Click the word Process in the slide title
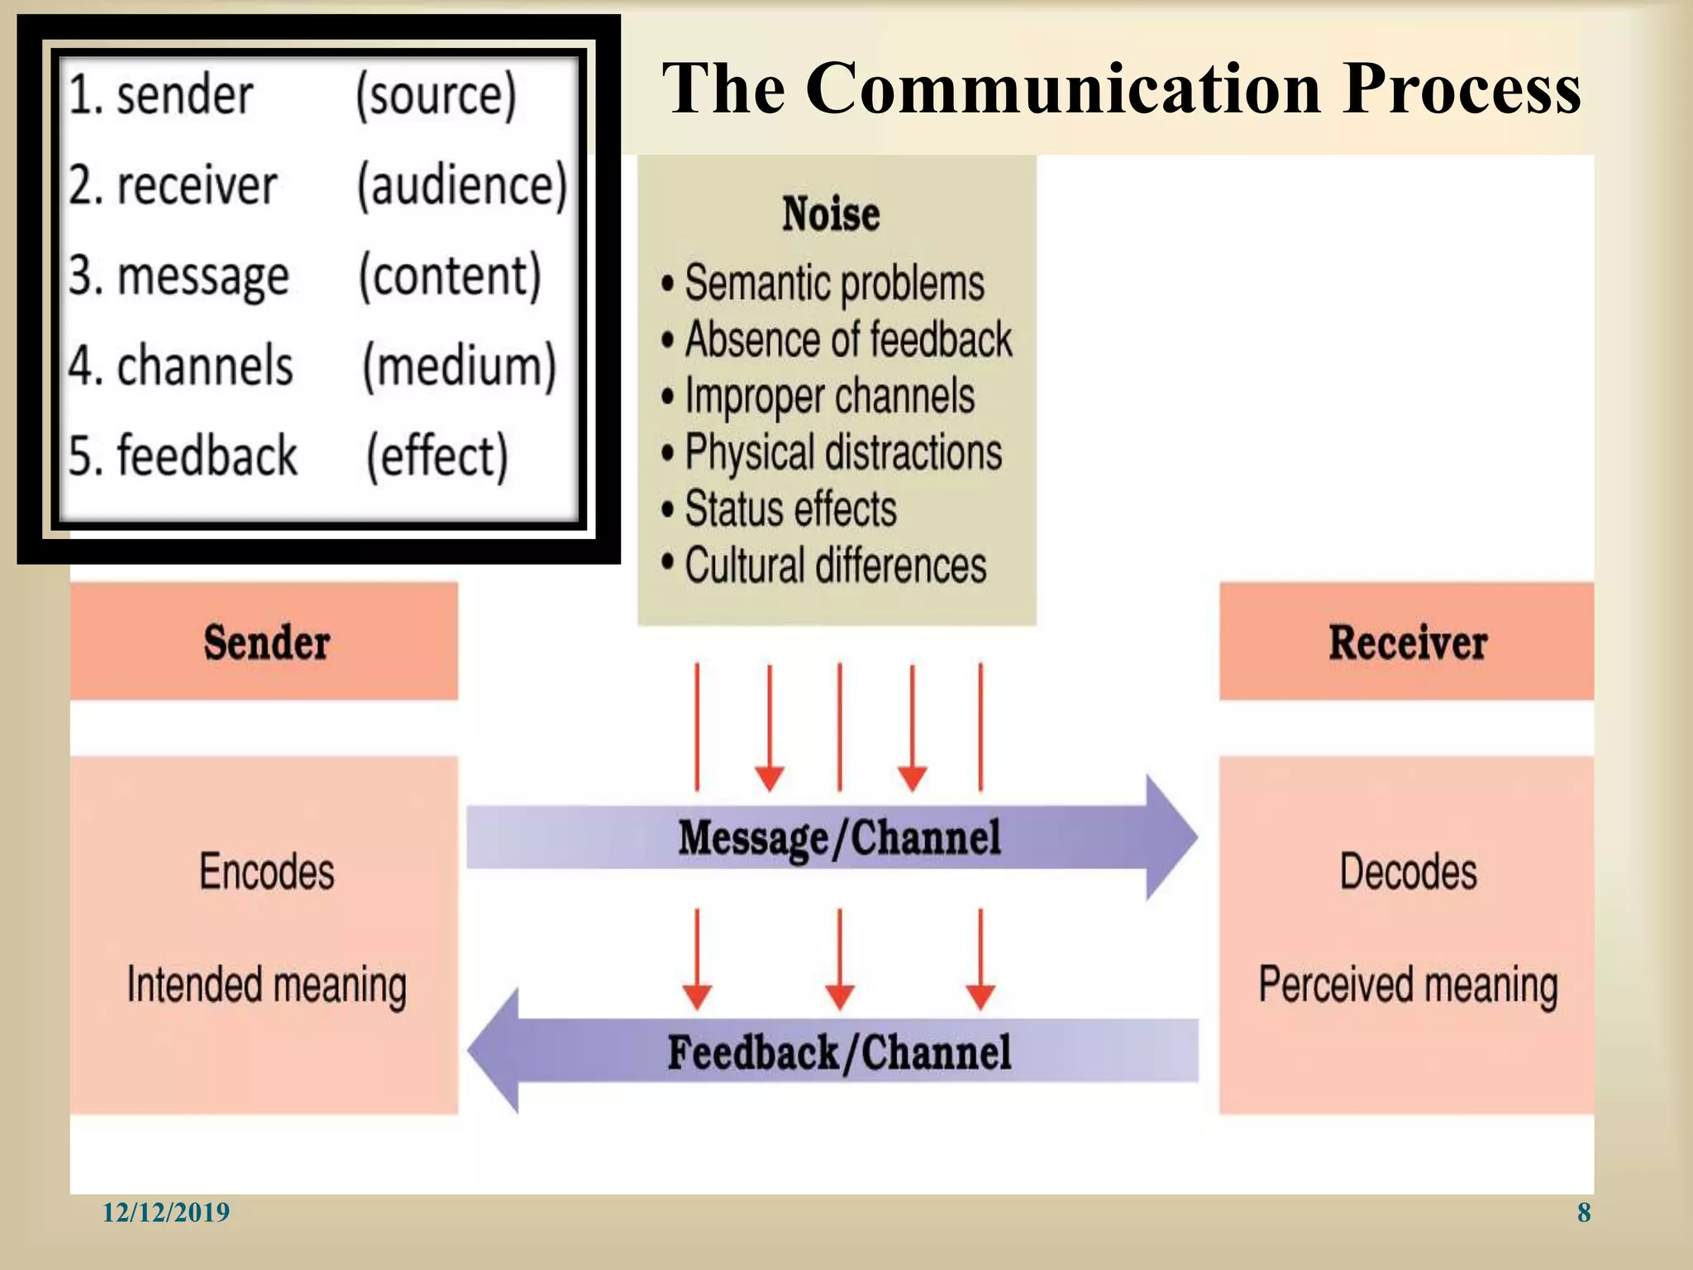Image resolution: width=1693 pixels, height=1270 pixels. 1462,89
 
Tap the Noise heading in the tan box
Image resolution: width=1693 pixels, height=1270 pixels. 831,214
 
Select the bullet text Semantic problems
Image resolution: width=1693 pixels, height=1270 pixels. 834,284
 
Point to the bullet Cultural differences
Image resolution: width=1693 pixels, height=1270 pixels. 835,566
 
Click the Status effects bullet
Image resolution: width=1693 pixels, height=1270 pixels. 790,509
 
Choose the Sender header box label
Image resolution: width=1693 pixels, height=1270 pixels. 266,642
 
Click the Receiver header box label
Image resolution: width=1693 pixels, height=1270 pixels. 1408,642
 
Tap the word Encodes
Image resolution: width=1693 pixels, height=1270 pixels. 266,871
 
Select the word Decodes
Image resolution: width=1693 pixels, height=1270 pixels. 1408,871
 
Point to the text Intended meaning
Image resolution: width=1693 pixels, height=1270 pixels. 266,985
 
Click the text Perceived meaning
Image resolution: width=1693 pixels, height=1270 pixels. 1408,985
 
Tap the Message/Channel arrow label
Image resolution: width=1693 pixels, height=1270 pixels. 839,838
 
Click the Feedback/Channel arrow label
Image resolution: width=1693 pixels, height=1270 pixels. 839,1053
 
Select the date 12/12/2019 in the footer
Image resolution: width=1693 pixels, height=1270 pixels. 165,1212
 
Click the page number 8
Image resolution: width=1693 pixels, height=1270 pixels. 1583,1212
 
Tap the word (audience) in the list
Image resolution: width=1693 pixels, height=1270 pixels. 462,185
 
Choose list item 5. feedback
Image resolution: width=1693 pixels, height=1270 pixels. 182,456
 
